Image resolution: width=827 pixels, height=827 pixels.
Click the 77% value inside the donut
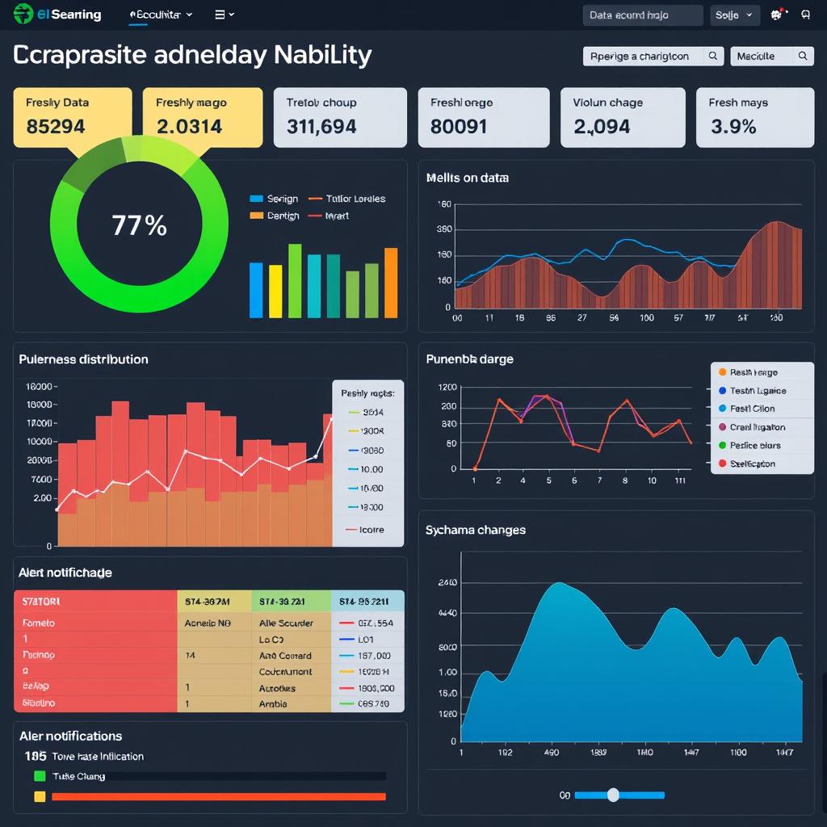139,225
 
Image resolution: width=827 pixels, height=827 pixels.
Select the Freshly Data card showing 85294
73,117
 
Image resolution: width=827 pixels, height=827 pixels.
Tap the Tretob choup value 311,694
321,127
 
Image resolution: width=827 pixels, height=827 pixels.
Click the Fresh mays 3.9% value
733,127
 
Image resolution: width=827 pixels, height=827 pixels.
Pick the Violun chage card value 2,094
601,127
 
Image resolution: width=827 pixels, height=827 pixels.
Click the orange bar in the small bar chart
391,283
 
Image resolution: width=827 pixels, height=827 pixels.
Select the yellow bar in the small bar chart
275,291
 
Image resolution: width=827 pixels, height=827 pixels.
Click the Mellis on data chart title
467,178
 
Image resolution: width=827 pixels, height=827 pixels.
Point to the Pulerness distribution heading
83,359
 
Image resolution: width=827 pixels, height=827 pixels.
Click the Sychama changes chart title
475,530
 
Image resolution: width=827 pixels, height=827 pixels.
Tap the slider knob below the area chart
613,795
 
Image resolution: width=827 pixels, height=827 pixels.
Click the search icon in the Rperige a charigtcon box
712,57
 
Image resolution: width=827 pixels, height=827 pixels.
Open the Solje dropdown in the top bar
734,15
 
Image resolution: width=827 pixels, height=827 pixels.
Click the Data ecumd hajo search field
642,15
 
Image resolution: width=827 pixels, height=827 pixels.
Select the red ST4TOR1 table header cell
95,601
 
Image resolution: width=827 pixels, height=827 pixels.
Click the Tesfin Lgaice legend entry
757,391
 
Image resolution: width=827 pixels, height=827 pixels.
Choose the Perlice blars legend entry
754,446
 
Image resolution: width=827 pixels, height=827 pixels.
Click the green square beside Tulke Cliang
40,776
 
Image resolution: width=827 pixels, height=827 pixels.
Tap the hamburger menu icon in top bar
220,15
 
